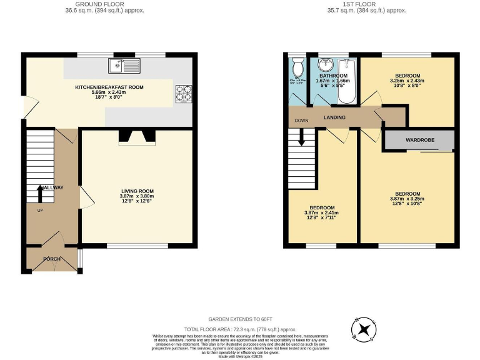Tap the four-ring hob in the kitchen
pyautogui.click(x=183, y=92)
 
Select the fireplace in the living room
pyautogui.click(x=137, y=137)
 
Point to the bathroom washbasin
pyautogui.click(x=325, y=65)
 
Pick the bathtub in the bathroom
pyautogui.click(x=346, y=81)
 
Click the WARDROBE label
pyautogui.click(x=419, y=141)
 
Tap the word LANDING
pyautogui.click(x=334, y=117)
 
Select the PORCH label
pyautogui.click(x=52, y=259)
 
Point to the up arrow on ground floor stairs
pyautogui.click(x=41, y=192)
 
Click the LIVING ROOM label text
pyautogui.click(x=137, y=191)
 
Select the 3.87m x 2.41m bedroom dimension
pyautogui.click(x=322, y=212)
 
